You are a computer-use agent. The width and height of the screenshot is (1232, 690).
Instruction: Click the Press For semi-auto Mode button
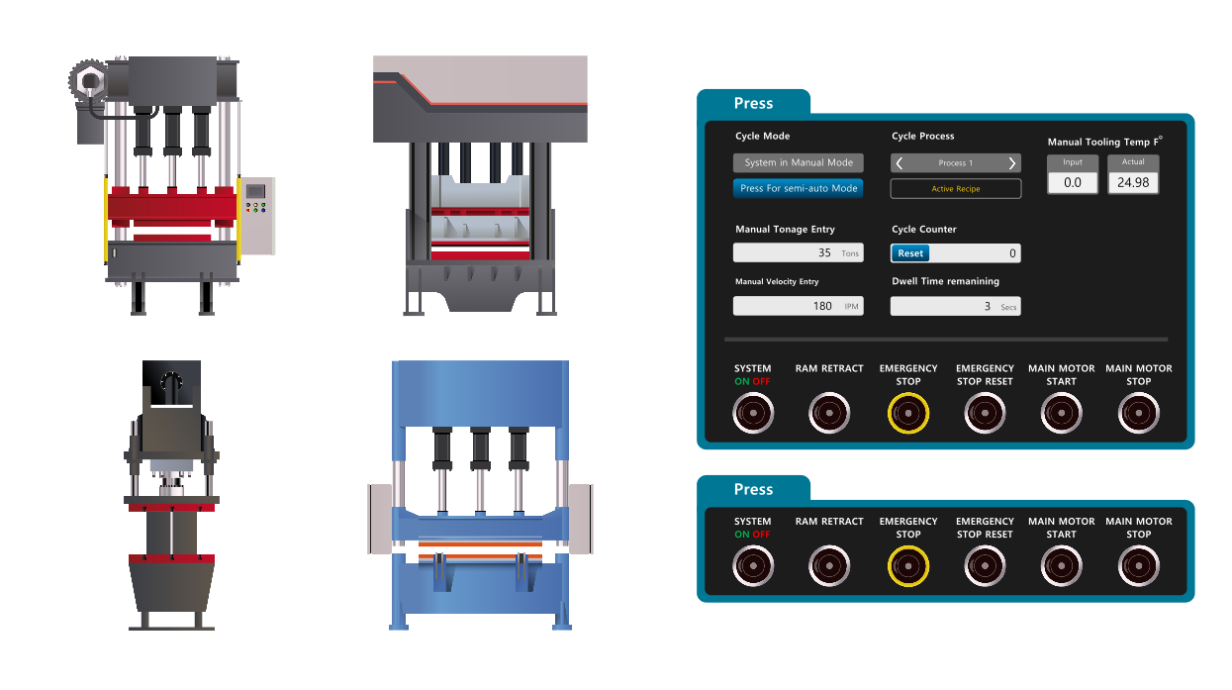798,188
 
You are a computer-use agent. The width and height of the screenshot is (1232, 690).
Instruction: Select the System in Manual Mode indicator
798,163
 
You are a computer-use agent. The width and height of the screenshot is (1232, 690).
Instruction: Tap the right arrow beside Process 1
1012,163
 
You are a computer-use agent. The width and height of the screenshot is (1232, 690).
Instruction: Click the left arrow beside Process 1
900,163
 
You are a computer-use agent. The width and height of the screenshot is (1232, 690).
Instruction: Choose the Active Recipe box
956,189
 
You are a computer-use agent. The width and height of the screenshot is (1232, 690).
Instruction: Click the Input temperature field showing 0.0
1073,183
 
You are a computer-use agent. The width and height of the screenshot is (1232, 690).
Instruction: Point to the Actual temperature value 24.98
1133,183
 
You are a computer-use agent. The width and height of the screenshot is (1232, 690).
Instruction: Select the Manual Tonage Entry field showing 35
798,253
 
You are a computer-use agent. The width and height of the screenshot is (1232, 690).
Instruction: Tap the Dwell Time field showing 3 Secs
955,307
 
